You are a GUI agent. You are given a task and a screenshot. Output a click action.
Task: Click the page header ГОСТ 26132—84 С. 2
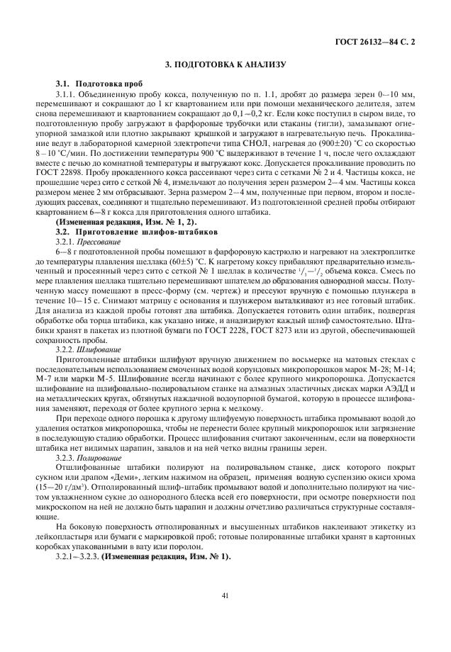coord(375,41)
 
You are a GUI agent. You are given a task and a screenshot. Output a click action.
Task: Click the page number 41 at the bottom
coord(225,596)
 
